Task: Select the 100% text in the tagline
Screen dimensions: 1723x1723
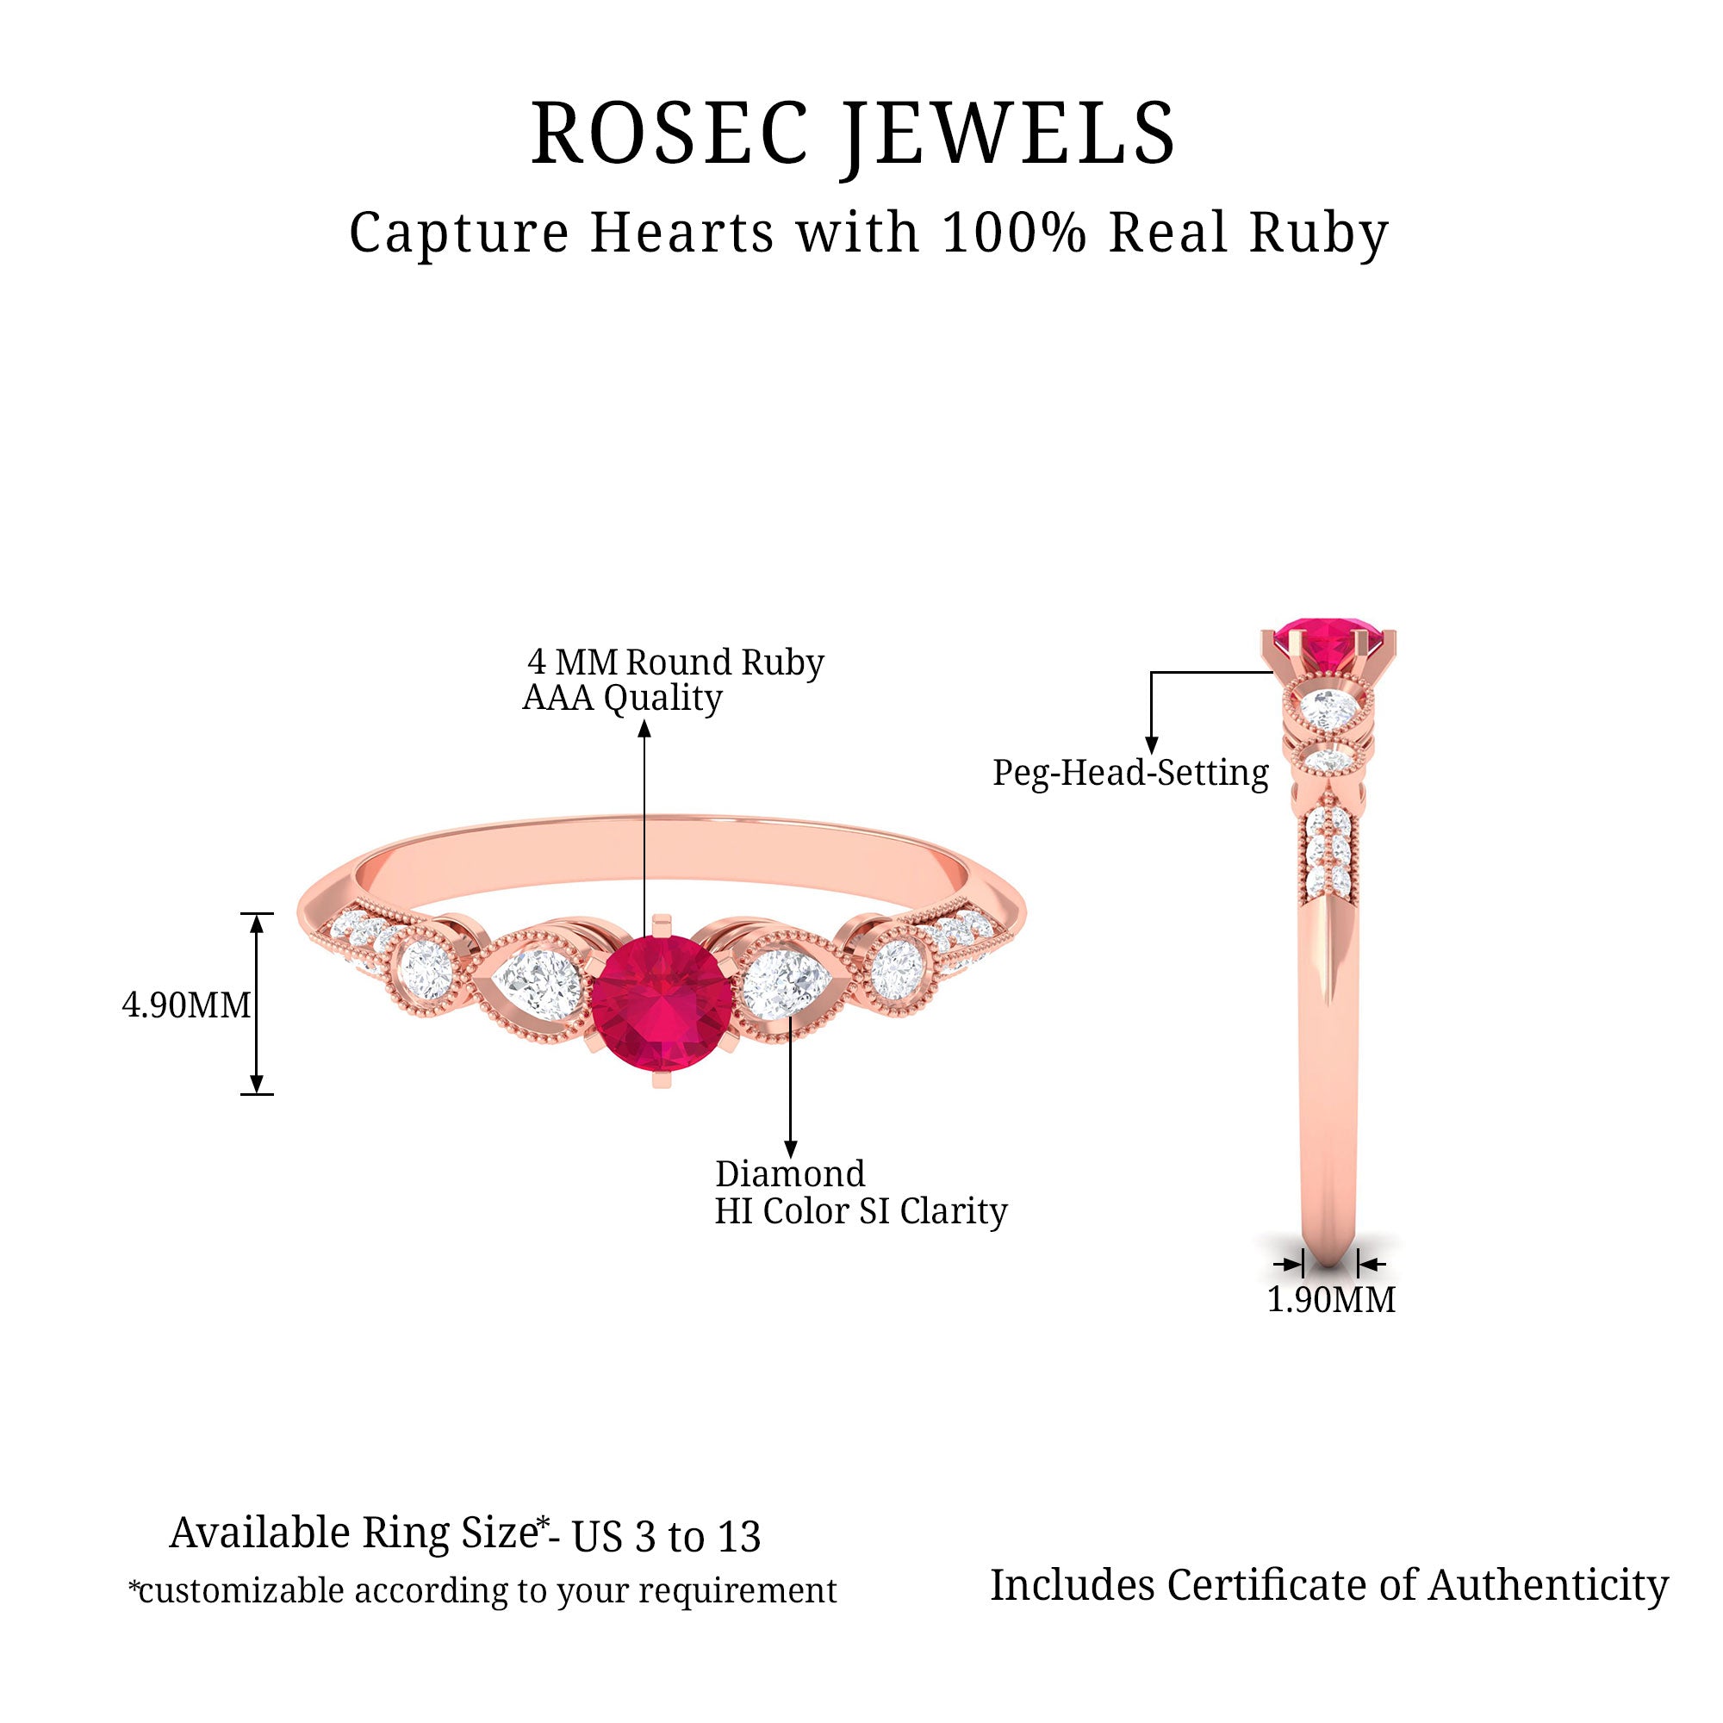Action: (1014, 233)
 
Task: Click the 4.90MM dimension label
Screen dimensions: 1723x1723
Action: (186, 1005)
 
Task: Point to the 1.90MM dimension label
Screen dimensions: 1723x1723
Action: (1331, 1299)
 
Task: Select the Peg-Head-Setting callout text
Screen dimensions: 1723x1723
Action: (1130, 772)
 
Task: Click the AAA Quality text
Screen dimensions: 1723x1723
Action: (622, 698)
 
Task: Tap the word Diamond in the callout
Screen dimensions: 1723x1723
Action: (790, 1173)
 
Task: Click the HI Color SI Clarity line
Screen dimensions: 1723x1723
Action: (861, 1211)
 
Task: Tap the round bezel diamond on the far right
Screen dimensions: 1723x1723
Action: (896, 967)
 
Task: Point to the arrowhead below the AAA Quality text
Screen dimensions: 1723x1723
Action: (644, 730)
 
